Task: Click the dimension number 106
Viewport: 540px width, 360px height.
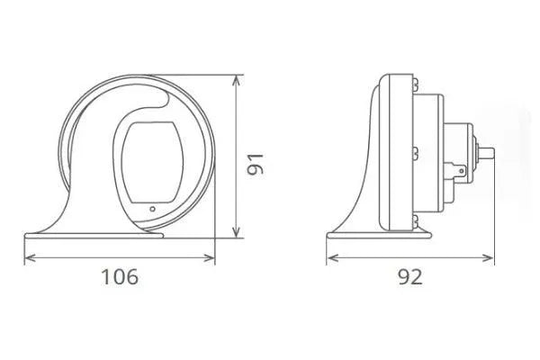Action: tap(120, 276)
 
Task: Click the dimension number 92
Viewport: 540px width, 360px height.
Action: tap(409, 276)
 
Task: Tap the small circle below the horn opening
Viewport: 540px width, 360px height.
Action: tap(152, 210)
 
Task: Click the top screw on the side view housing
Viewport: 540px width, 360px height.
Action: tap(416, 84)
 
